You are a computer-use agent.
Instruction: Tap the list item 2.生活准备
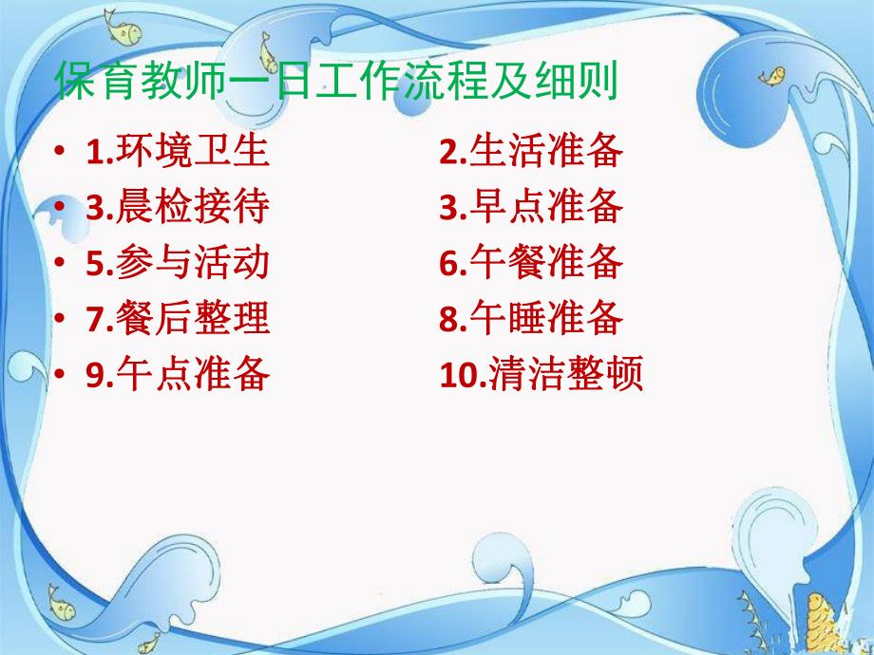pos(531,152)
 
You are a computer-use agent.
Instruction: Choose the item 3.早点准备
pos(531,208)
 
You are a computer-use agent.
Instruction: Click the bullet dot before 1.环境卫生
pos(61,153)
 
